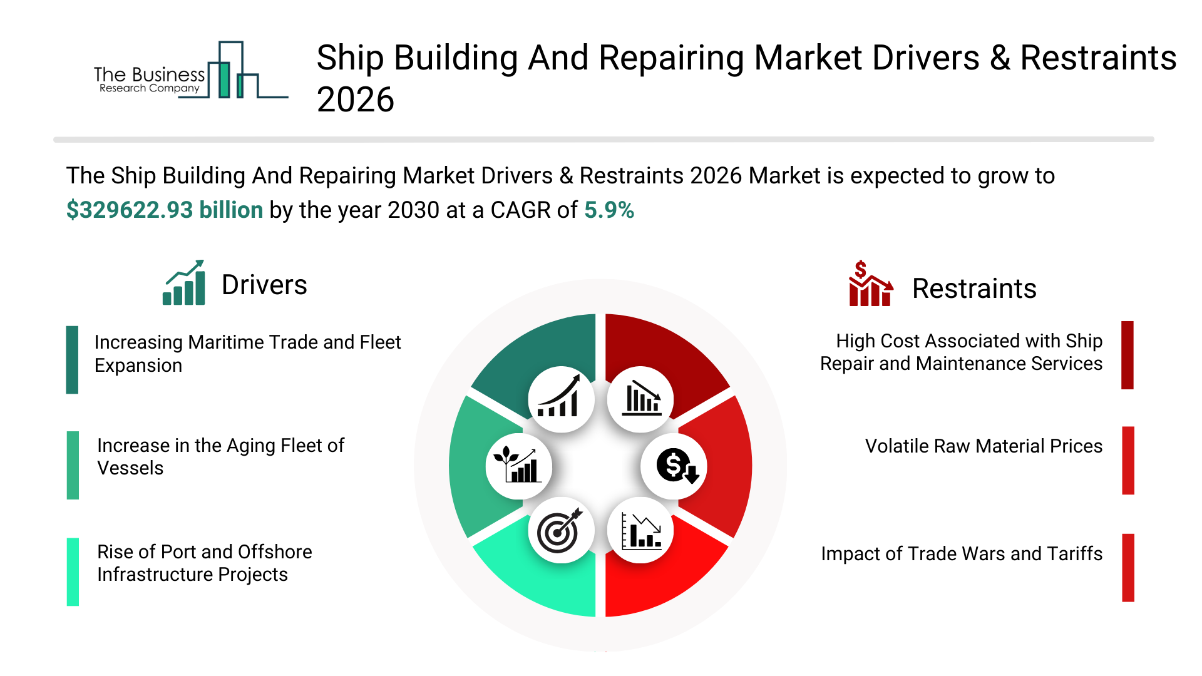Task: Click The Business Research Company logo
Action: coord(191,70)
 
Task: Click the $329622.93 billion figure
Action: coord(165,210)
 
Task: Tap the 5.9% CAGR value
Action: coord(609,210)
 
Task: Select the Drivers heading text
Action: coord(264,285)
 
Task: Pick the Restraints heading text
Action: coord(974,289)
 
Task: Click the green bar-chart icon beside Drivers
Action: coord(184,283)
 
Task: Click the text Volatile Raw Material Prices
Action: coord(984,446)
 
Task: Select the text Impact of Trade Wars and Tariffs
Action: coord(962,554)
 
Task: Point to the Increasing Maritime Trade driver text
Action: coord(248,354)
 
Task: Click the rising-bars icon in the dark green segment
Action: coord(559,397)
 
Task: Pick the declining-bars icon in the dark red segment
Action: coord(642,398)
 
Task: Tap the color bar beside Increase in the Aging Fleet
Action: coord(73,465)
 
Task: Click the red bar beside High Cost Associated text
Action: coord(1128,355)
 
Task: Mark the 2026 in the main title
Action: coord(356,100)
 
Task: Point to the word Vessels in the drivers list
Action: coord(130,468)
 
